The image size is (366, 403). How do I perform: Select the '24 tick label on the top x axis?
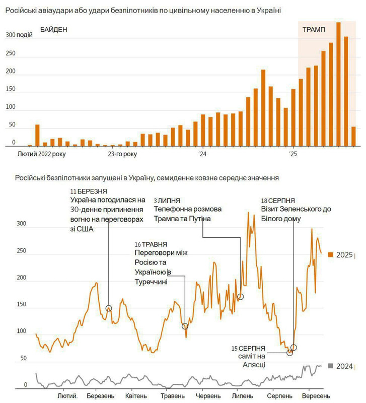tap(202, 153)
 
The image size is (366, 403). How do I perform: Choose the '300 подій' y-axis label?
tap(20, 35)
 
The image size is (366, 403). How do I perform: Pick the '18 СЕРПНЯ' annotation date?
tap(278, 200)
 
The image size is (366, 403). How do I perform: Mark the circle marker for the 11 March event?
tap(109, 308)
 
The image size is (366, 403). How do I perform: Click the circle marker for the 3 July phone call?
tap(241, 297)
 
